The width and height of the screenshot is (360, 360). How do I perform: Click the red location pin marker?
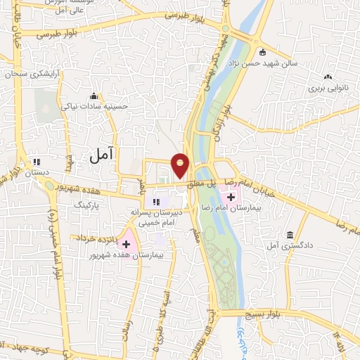click(181, 165)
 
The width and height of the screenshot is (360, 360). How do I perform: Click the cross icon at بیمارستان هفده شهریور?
click(127, 243)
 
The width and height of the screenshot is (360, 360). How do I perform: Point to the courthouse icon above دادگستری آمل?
click(290, 235)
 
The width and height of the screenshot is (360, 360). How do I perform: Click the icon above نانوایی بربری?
click(328, 78)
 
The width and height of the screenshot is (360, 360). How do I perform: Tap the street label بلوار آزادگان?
click(226, 120)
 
